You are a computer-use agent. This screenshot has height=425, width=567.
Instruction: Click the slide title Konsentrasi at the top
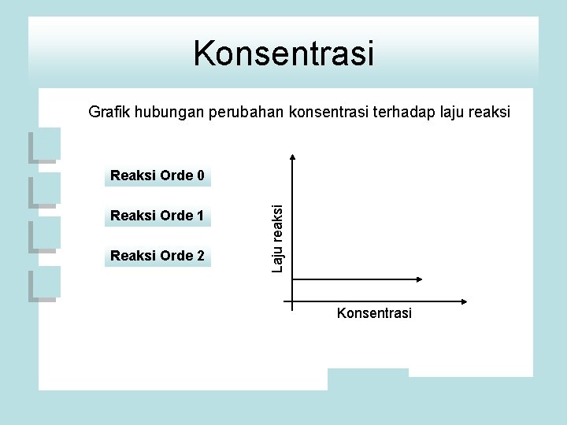pyautogui.click(x=283, y=54)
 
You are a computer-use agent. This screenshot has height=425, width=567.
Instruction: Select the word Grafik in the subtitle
pyautogui.click(x=109, y=113)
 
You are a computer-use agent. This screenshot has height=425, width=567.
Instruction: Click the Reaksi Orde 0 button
pyautogui.click(x=157, y=176)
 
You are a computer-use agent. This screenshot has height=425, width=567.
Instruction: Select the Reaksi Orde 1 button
pyautogui.click(x=157, y=216)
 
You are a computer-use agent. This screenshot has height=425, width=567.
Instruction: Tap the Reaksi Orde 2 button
pyautogui.click(x=157, y=256)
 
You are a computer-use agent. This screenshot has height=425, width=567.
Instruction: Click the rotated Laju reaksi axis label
pyautogui.click(x=277, y=237)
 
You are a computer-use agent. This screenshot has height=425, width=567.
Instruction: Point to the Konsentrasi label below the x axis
pyautogui.click(x=374, y=313)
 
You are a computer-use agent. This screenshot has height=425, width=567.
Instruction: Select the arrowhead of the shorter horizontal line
pyautogui.click(x=419, y=278)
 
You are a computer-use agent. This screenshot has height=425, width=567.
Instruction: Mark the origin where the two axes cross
pyautogui.click(x=292, y=301)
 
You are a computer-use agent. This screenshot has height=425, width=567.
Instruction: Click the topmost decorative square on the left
pyautogui.click(x=44, y=145)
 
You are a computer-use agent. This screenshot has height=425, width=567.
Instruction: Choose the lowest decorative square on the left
pyautogui.click(x=44, y=285)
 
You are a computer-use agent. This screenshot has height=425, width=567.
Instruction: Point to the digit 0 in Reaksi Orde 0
pyautogui.click(x=200, y=176)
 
